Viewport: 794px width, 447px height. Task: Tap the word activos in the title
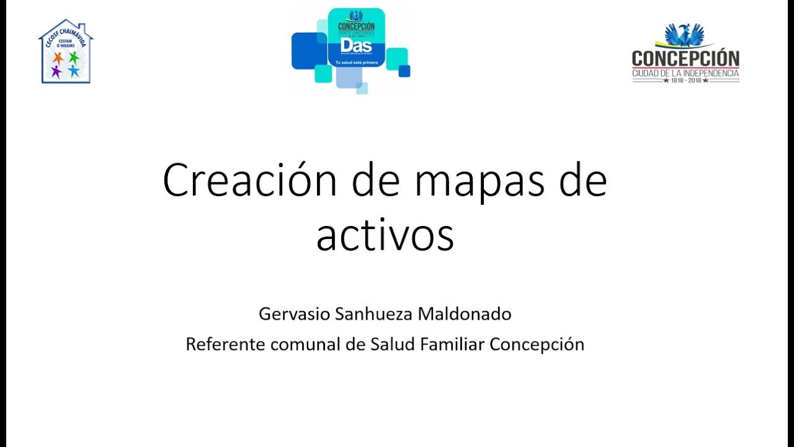[x=385, y=235]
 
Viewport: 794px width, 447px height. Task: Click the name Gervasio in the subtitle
[x=294, y=314]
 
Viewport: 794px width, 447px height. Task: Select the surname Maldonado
[x=465, y=314]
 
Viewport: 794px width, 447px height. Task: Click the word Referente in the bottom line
[x=226, y=344]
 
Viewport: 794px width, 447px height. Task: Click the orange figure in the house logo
[x=58, y=58]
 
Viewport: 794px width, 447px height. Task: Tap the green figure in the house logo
[x=74, y=58]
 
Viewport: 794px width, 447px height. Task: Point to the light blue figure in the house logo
[x=74, y=71]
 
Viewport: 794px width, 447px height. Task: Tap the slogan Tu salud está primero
[x=356, y=63]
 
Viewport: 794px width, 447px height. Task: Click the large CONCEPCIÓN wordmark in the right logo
[x=685, y=59]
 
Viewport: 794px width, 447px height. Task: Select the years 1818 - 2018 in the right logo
[x=685, y=80]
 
